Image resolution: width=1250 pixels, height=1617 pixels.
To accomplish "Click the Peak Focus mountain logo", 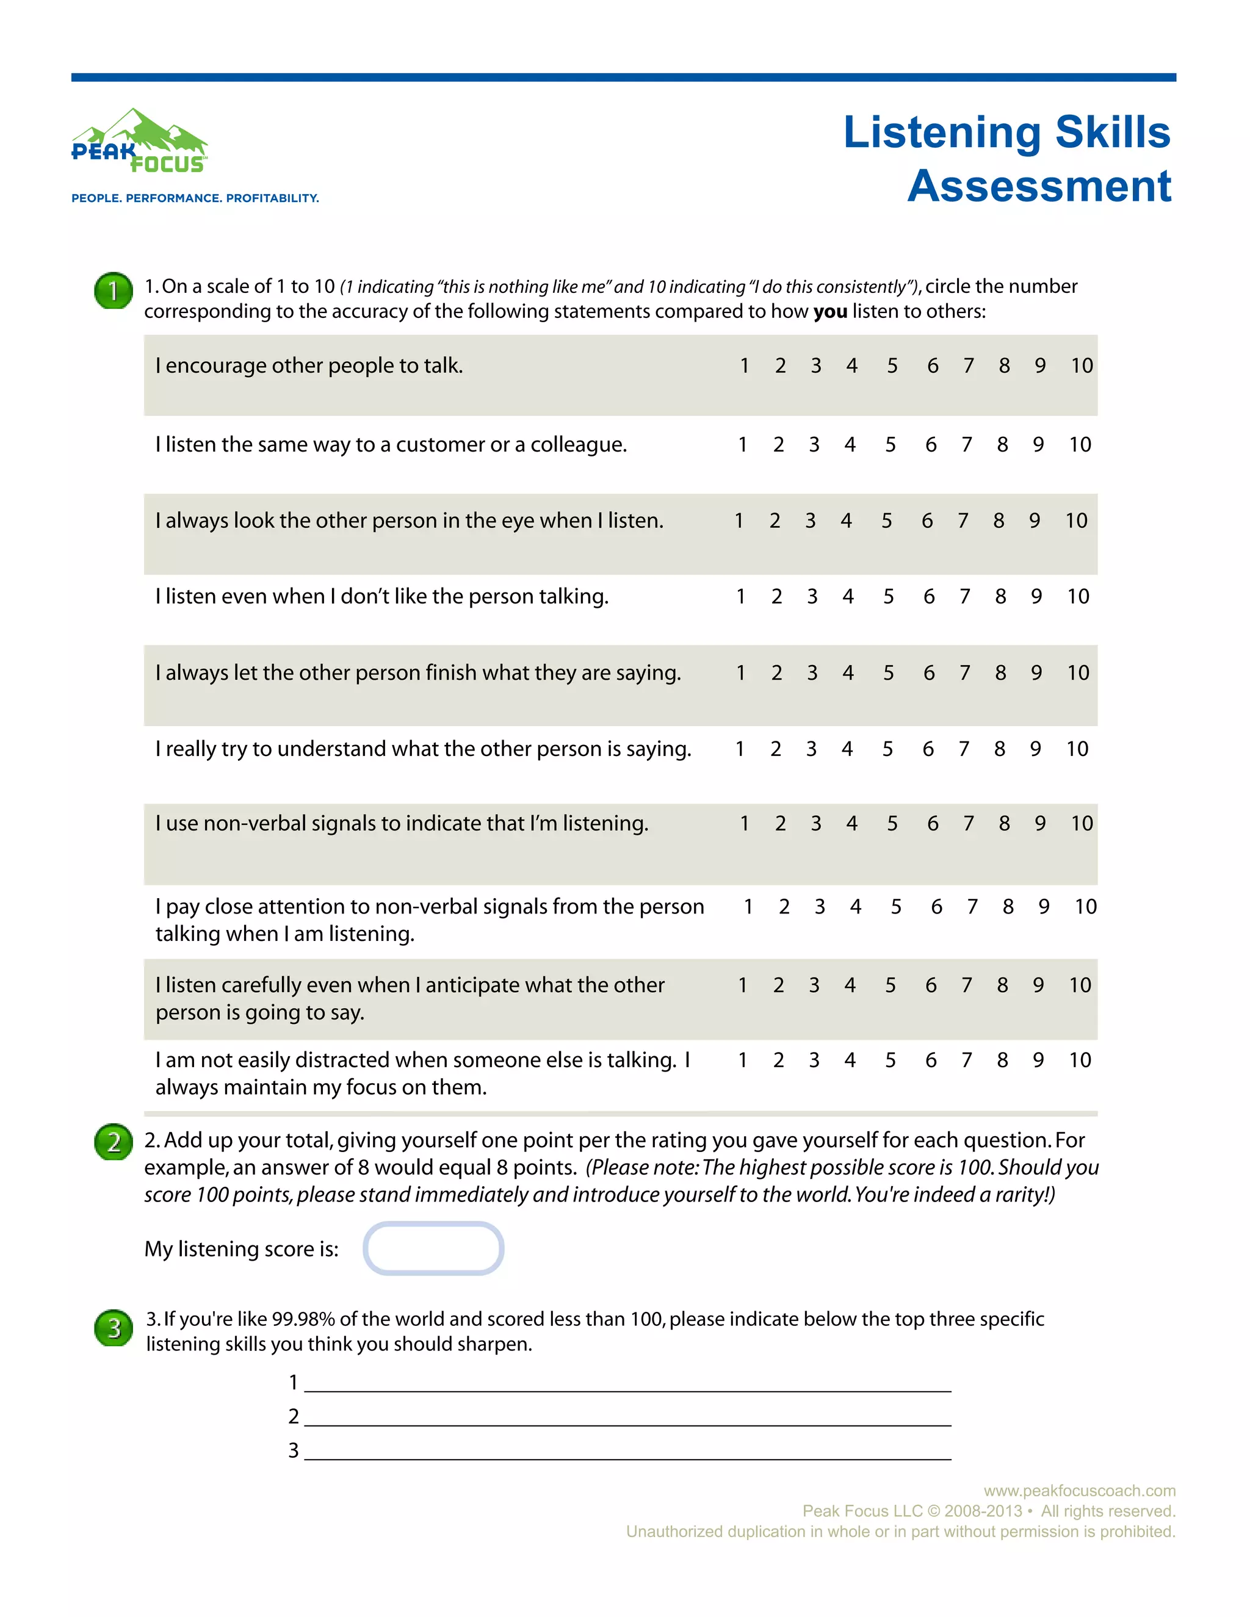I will coord(139,141).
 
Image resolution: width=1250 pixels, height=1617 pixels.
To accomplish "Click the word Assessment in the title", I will coord(1039,186).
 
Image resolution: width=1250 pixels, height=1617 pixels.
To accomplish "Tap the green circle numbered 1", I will coord(114,291).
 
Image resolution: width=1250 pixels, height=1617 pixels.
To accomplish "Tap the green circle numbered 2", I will coord(114,1142).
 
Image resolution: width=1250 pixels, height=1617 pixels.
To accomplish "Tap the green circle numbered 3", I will coord(114,1328).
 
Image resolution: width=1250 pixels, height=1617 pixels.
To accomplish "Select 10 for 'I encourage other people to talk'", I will coord(1081,366).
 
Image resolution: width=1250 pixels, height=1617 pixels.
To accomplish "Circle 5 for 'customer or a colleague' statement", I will coord(890,444).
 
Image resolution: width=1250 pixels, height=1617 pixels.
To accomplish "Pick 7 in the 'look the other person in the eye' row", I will coord(963,520).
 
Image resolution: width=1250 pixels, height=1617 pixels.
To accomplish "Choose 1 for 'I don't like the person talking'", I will coord(740,596).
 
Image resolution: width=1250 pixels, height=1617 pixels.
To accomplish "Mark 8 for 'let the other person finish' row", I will coord(1000,672).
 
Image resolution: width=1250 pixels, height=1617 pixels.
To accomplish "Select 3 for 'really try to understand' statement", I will coord(812,749).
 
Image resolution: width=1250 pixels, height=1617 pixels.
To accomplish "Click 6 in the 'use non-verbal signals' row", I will coord(933,823).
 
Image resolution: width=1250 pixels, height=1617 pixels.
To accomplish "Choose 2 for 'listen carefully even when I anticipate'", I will coord(778,985).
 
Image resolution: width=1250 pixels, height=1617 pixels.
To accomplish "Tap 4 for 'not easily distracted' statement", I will coord(850,1061).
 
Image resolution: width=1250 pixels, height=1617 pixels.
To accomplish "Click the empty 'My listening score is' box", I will coord(433,1248).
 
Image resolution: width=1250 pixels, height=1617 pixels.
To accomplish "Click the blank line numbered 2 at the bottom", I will coord(627,1417).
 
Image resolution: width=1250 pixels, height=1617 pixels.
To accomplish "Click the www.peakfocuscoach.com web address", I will coord(1079,1491).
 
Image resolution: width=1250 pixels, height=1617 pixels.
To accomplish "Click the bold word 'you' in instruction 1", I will coord(829,312).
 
